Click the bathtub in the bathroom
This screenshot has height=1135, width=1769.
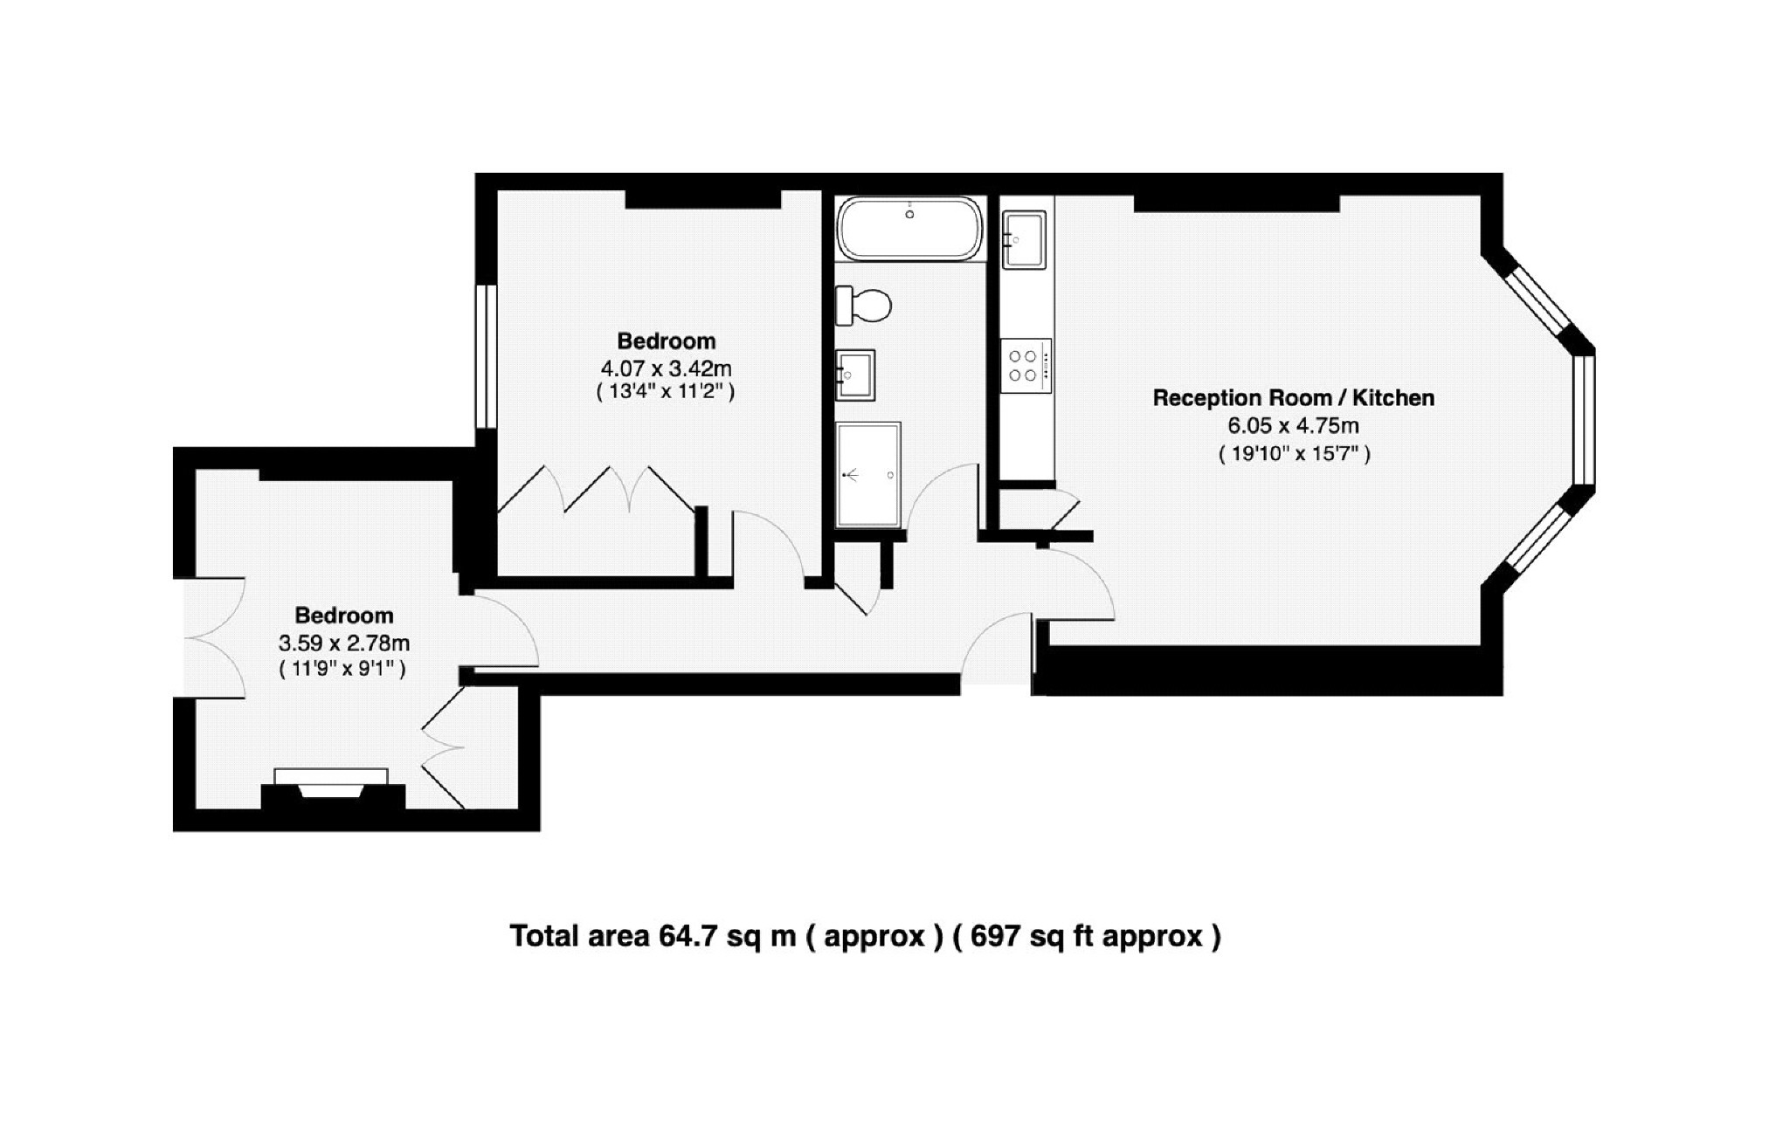pos(909,228)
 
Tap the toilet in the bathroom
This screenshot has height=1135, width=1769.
pos(863,305)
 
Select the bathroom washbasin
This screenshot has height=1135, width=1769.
pos(855,375)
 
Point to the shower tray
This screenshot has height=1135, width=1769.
pos(867,475)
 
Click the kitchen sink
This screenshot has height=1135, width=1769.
pos(1024,239)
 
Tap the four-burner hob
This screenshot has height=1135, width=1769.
pos(1026,366)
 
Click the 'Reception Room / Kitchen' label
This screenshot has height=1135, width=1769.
pos(1293,398)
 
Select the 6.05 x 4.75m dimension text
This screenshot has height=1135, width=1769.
pos(1293,426)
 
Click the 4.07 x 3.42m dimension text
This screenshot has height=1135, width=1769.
pos(666,368)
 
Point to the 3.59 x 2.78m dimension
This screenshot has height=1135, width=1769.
pos(343,643)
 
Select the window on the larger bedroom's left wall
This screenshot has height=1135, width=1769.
pos(487,356)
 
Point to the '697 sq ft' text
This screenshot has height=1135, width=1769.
pos(1031,936)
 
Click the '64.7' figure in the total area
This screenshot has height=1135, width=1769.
pos(687,936)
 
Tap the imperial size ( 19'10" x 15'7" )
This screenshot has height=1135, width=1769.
pos(1294,454)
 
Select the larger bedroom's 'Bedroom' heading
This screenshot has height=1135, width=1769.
pos(666,341)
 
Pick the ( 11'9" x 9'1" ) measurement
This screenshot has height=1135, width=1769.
pos(342,670)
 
